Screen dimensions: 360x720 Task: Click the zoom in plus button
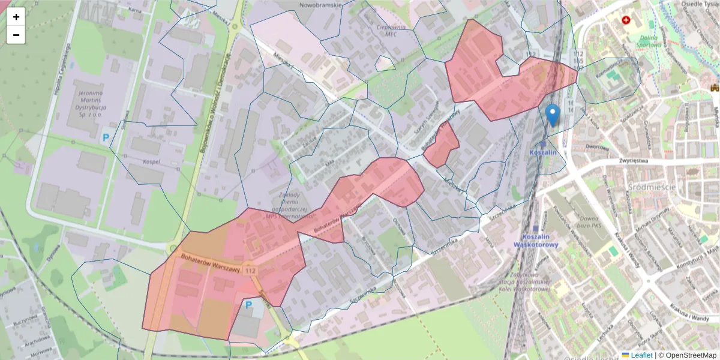[16, 17]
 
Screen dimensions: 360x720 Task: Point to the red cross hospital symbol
[627, 20]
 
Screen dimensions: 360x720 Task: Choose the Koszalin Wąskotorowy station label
[536, 241]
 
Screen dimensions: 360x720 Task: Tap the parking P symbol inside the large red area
[249, 305]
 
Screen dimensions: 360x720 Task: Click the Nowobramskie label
[320, 5]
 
